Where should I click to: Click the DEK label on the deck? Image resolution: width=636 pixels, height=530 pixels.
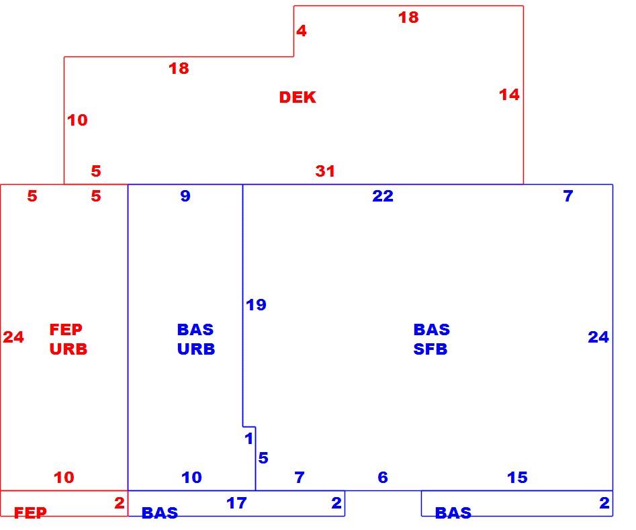(298, 97)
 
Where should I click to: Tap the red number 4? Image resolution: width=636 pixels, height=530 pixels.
(302, 31)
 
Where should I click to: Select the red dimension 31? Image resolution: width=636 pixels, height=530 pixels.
(325, 171)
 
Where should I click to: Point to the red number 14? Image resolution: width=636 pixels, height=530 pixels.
(509, 95)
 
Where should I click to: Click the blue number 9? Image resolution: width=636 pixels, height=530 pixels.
(185, 196)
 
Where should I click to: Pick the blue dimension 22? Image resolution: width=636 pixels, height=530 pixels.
(383, 196)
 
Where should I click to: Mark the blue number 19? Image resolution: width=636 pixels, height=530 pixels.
(256, 305)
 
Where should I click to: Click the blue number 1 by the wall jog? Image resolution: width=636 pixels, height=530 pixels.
(249, 438)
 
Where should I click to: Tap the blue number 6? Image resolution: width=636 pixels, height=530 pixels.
(383, 477)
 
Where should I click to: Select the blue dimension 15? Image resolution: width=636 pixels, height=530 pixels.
(517, 477)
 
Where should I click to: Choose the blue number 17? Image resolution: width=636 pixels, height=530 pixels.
(236, 503)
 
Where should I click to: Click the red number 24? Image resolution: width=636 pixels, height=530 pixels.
(13, 337)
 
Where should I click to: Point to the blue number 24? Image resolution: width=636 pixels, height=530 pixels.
(598, 337)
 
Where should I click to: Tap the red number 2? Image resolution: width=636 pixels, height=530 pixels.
(120, 503)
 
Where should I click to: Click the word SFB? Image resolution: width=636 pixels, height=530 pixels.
(430, 349)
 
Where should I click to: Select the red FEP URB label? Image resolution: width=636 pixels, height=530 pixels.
(68, 339)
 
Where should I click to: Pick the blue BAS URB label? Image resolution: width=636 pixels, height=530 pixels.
(196, 339)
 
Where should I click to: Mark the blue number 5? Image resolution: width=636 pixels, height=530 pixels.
(263, 458)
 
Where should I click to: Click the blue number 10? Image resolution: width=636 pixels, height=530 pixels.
(191, 477)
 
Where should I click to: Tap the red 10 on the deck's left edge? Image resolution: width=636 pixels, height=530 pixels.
(77, 120)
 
